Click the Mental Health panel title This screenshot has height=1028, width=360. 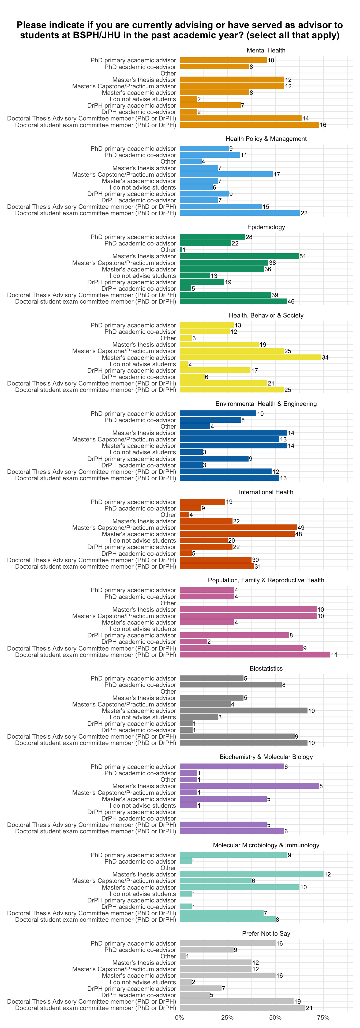click(266, 50)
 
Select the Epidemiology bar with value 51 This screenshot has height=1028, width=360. click(239, 256)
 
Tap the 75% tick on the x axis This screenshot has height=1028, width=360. click(323, 1018)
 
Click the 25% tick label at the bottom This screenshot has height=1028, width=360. click(227, 1018)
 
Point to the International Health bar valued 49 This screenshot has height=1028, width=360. click(238, 528)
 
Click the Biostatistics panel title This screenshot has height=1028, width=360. click(266, 668)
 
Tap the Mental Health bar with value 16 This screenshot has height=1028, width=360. click(249, 125)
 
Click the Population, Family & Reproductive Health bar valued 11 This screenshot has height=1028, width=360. click(255, 655)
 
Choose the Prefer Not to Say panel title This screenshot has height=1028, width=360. click(266, 933)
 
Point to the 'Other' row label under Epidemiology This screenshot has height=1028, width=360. click(168, 250)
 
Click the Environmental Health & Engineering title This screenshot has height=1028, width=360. click(266, 404)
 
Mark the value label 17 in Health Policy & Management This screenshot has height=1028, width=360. click(277, 174)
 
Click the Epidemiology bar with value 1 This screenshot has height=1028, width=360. click(181, 250)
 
